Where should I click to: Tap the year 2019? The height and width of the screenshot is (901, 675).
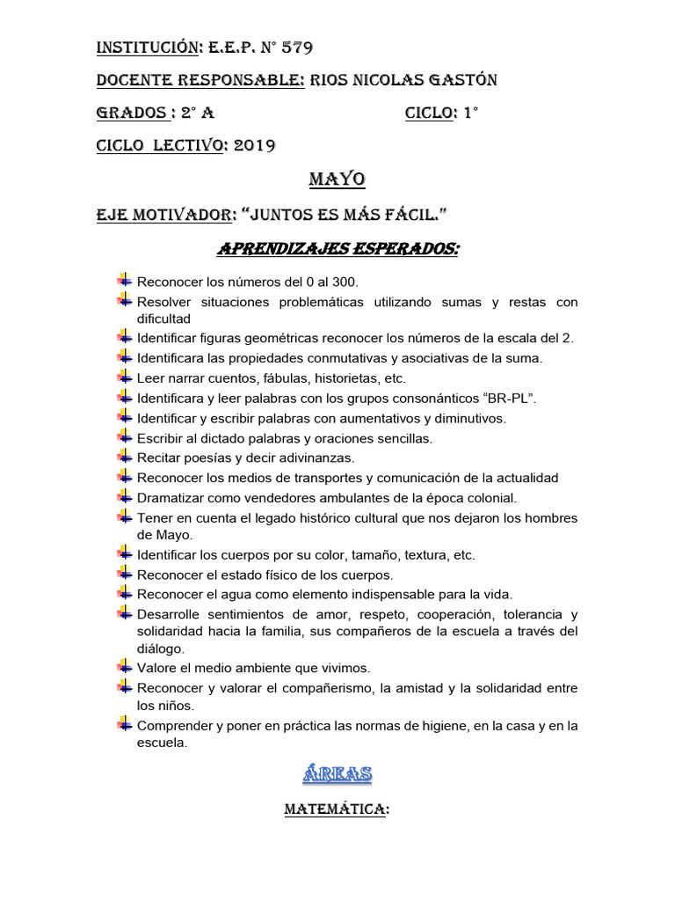pyautogui.click(x=255, y=146)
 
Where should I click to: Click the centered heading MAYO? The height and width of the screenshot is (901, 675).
pyautogui.click(x=337, y=179)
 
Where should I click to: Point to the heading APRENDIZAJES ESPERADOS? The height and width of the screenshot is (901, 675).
pyautogui.click(x=337, y=251)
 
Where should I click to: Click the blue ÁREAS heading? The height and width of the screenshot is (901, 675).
pyautogui.click(x=337, y=774)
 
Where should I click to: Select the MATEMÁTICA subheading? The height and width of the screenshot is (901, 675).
pyautogui.click(x=337, y=809)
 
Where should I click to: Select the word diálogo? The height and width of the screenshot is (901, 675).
pyautogui.click(x=160, y=648)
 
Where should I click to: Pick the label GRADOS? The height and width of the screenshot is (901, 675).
pyautogui.click(x=131, y=114)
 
